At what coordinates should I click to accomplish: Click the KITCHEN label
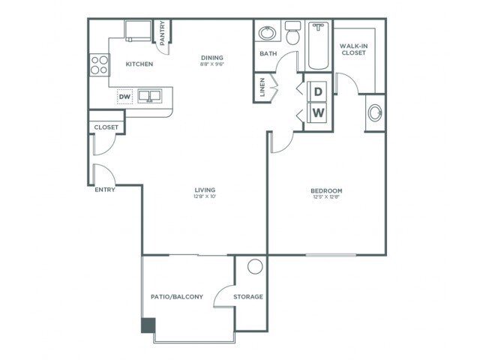point(139,64)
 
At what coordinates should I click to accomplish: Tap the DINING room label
point(213,58)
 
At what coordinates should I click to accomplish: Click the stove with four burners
point(98,65)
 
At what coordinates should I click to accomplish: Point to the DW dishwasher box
point(124,96)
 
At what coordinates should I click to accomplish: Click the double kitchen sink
point(152,96)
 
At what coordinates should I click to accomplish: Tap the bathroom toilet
point(292,34)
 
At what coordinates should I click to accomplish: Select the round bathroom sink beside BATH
point(266,33)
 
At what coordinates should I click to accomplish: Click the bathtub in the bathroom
point(319,44)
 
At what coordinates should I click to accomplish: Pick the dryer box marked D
point(318,91)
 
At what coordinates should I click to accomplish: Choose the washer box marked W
point(318,113)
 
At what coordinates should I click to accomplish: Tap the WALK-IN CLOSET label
point(353,49)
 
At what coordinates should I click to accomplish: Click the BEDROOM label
point(326,191)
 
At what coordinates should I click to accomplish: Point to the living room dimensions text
point(205,197)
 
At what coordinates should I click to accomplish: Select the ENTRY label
point(104,190)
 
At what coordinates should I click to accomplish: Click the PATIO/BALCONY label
point(177,297)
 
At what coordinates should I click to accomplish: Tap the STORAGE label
point(247,297)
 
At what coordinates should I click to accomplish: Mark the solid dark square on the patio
point(148,325)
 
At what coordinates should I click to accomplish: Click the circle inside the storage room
point(255,266)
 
